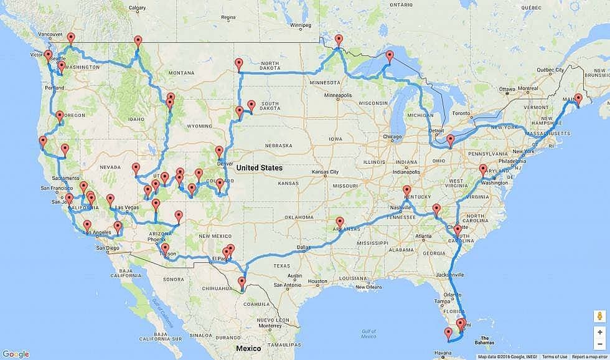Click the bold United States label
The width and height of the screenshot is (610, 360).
point(259,168)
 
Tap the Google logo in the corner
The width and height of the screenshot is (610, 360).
point(16,354)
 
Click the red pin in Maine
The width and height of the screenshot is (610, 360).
point(578,99)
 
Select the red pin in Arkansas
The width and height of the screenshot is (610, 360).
point(340,222)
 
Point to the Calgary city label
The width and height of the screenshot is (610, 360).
point(137,8)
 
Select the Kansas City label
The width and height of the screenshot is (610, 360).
point(326,171)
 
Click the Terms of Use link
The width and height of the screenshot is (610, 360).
point(554,357)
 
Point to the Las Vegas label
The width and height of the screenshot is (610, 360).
point(126,207)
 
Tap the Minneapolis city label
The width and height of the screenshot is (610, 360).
point(339,95)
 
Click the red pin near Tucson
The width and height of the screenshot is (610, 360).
point(164,249)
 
